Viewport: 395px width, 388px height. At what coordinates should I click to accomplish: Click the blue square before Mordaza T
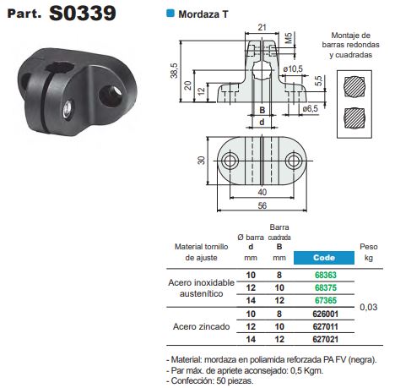click(x=171, y=14)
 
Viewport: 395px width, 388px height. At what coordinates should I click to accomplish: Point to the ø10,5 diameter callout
click(x=294, y=68)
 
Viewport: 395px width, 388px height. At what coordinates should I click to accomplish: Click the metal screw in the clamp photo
click(x=64, y=108)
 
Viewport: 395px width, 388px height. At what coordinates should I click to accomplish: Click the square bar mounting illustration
click(x=356, y=116)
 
